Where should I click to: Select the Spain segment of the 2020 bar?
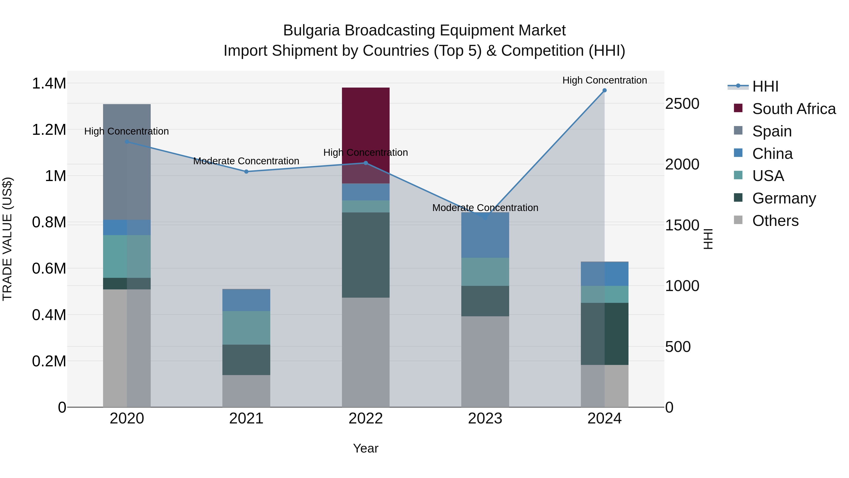(127, 162)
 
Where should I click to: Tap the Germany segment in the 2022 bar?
(366, 255)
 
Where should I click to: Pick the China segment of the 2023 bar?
(485, 235)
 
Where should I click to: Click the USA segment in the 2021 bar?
(246, 328)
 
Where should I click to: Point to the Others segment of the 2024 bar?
(604, 386)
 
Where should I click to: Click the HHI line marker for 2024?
(604, 90)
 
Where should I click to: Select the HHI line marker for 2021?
(246, 172)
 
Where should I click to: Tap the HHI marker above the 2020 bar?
(127, 142)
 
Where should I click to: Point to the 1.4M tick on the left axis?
(49, 84)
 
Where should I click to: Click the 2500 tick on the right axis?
(682, 104)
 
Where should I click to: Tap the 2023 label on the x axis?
(485, 419)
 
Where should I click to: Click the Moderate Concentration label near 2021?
(246, 161)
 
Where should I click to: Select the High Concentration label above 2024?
(604, 80)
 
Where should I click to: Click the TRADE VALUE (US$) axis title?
(8, 239)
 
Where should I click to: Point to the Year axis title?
(366, 448)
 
